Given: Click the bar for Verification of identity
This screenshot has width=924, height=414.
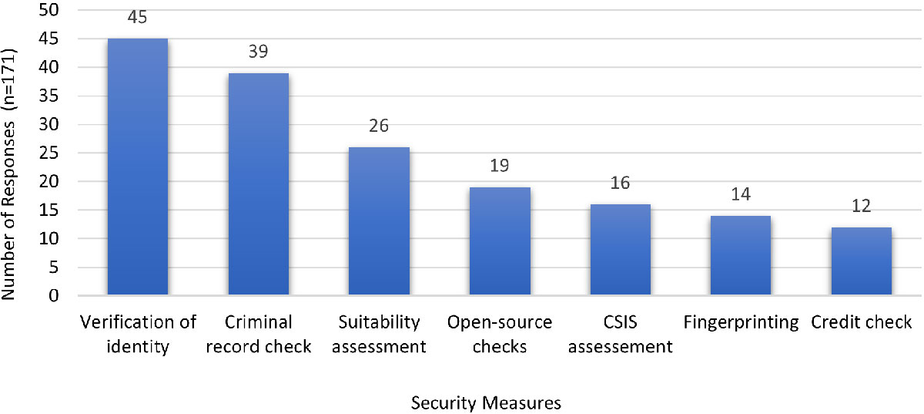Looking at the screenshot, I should coord(138,167).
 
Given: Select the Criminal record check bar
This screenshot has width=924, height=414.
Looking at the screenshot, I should coord(259,184).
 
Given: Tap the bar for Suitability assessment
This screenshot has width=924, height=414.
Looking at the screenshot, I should coord(379,221).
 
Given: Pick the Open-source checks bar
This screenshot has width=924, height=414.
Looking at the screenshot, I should coord(500,241).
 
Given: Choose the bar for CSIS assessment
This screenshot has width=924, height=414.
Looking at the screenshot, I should coord(620,250).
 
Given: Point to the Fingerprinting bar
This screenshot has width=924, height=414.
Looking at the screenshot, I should coord(741,255).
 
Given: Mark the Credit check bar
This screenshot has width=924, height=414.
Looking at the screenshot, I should coord(861,261).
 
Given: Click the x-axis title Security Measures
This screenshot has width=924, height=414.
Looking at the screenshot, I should coord(486,403).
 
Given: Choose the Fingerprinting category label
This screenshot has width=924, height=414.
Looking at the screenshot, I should coord(741,323).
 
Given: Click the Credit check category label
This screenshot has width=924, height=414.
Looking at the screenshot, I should coord(861,323).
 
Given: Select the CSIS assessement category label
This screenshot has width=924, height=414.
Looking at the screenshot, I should coord(620,335).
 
